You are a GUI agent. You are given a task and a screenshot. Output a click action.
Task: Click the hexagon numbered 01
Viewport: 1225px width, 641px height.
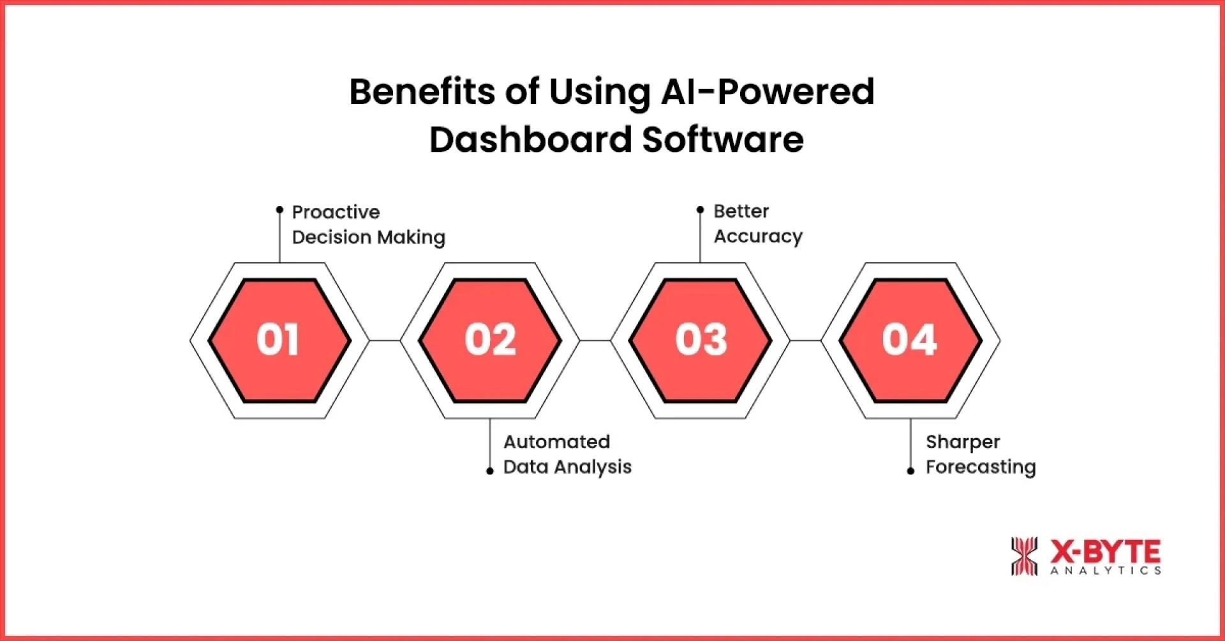pyautogui.click(x=279, y=340)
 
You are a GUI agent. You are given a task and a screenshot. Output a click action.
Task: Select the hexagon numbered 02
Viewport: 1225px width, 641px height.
pyautogui.click(x=490, y=340)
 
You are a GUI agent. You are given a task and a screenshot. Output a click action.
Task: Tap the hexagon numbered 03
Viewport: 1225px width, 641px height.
pyautogui.click(x=701, y=340)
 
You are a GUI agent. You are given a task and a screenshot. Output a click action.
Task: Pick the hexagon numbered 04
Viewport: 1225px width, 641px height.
pyautogui.click(x=910, y=340)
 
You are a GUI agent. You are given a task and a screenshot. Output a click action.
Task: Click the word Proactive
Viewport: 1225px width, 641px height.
pyautogui.click(x=336, y=212)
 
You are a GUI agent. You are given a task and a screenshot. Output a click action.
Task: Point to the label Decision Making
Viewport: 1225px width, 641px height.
pyautogui.click(x=369, y=238)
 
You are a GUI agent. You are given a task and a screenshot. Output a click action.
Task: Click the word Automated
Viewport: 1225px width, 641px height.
pyautogui.click(x=556, y=442)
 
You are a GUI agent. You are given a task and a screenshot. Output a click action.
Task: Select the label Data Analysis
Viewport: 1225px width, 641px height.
pyautogui.click(x=567, y=467)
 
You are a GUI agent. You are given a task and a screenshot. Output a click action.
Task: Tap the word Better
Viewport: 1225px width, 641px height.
pyautogui.click(x=741, y=211)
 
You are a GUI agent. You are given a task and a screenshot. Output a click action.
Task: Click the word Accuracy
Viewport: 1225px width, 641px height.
pyautogui.click(x=758, y=237)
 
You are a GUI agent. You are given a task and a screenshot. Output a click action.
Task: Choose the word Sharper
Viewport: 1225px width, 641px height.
pyautogui.click(x=963, y=442)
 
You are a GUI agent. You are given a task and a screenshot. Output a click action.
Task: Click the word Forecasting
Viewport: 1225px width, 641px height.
pyautogui.click(x=981, y=467)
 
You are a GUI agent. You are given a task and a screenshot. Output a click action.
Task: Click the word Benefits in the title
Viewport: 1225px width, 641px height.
pyautogui.click(x=422, y=92)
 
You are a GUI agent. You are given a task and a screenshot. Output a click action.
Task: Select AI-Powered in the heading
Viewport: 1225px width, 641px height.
pyautogui.click(x=768, y=92)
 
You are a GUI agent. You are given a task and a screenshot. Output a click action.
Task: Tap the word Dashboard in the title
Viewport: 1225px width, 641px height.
pyautogui.click(x=531, y=140)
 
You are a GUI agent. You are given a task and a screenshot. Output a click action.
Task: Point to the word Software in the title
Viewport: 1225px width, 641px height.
pyautogui.click(x=723, y=140)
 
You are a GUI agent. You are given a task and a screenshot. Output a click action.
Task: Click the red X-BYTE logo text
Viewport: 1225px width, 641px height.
pyautogui.click(x=1105, y=550)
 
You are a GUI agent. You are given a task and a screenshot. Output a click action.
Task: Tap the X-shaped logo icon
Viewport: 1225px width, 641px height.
pyautogui.click(x=1024, y=556)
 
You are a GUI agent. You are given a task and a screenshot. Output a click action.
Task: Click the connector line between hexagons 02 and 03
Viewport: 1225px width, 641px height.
pyautogui.click(x=595, y=340)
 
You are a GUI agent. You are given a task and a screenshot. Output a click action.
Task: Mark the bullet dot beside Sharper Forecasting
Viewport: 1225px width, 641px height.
pyautogui.click(x=910, y=471)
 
